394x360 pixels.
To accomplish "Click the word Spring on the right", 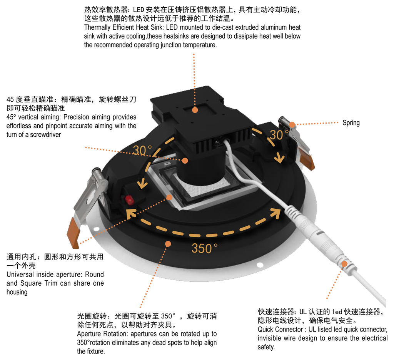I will [x=351, y=123].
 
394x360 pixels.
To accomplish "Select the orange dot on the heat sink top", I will [x=195, y=110].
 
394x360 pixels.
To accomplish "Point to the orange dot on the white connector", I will [x=344, y=264].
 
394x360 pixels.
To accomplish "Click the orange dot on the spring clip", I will [x=292, y=124].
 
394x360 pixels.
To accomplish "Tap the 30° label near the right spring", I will [x=279, y=135].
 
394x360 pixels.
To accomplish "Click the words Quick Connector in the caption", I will [x=277, y=330].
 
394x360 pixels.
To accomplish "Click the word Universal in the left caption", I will [x=20, y=275].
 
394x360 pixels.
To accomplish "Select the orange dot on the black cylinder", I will [x=185, y=160].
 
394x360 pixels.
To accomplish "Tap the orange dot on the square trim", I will [x=169, y=197].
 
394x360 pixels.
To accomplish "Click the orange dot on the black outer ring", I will [x=168, y=243].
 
